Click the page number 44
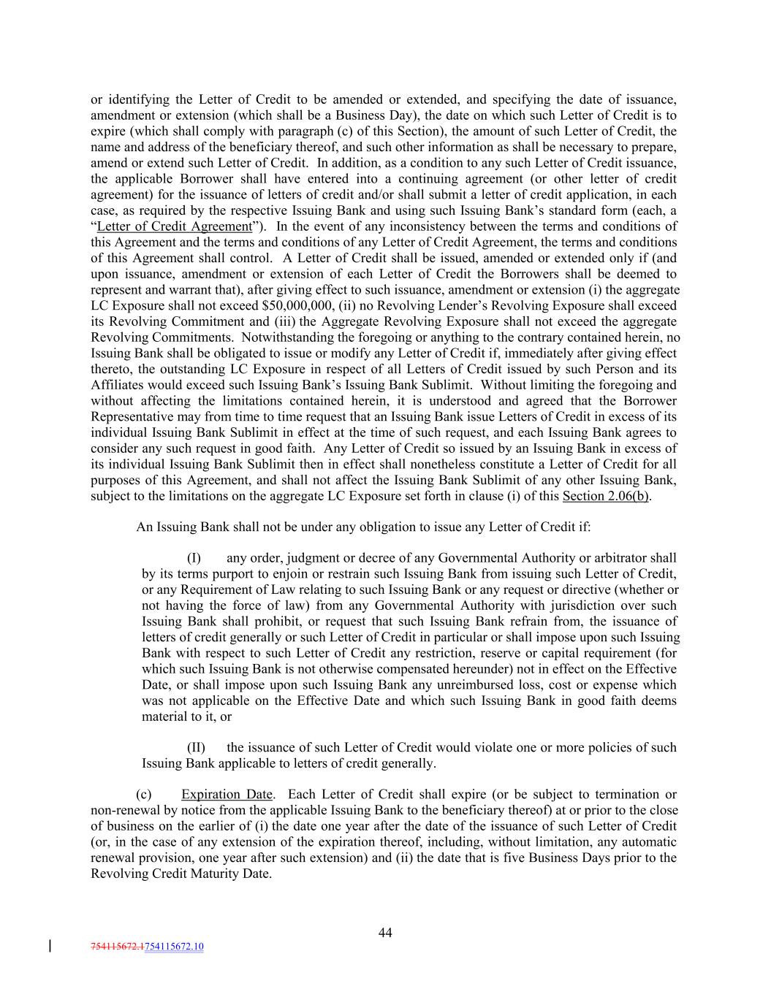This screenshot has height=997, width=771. [x=385, y=932]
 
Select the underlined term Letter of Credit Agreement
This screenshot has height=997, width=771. [x=174, y=226]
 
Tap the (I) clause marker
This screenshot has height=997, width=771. [x=194, y=558]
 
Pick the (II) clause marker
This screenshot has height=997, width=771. [x=197, y=747]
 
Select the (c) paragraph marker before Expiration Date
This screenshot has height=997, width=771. [x=144, y=794]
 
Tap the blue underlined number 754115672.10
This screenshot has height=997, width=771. [x=175, y=947]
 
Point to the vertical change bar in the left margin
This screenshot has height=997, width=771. [x=50, y=947]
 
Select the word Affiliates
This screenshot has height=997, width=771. [x=119, y=385]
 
